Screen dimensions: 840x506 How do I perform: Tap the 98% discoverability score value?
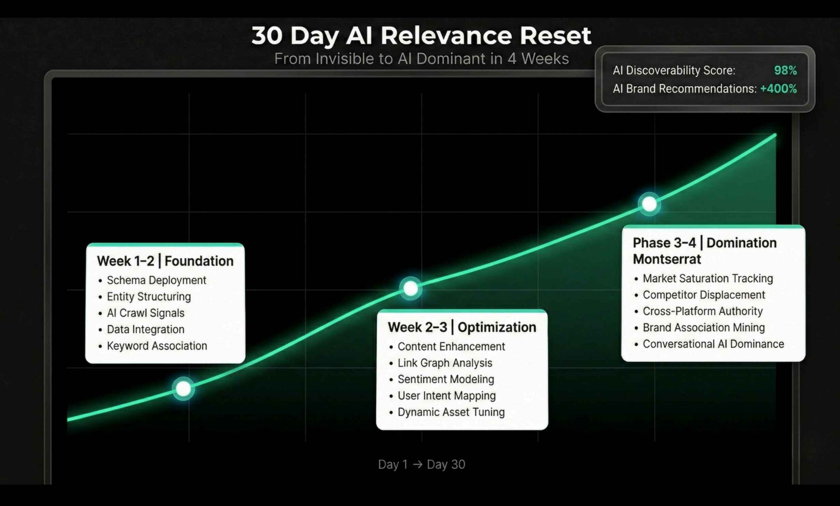(785, 70)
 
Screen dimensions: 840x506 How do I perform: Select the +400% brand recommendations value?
(779, 89)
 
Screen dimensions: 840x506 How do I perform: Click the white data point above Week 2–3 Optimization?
(410, 288)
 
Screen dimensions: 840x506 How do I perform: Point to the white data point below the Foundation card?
(183, 389)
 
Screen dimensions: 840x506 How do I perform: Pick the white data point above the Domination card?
(649, 204)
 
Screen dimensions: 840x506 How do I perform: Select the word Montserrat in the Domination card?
(667, 259)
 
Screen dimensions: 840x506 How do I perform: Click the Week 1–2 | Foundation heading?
(165, 261)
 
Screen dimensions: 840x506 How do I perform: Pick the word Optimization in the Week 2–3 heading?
(497, 327)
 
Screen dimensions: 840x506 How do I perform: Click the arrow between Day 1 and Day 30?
(417, 464)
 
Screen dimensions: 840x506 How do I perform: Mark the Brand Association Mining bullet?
(704, 328)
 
